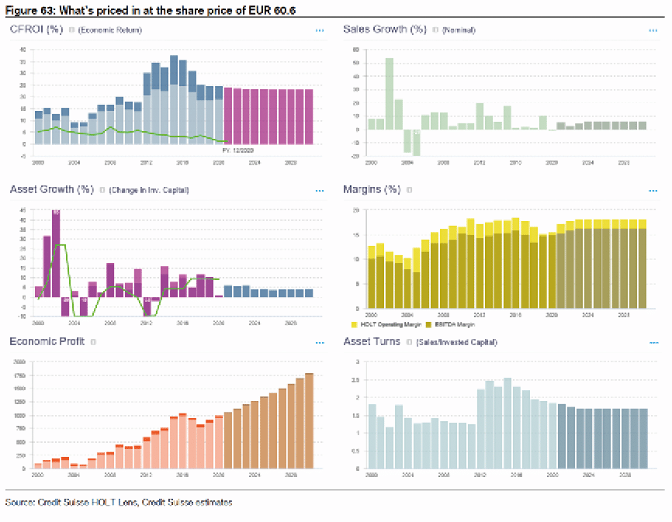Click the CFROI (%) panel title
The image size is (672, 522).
coord(36,29)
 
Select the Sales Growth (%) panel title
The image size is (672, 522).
coord(385,29)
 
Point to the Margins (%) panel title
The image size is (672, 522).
coord(372,188)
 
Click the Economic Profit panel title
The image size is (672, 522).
coord(47,341)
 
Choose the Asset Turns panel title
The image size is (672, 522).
coord(372,341)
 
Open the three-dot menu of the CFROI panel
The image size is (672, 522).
coord(319,30)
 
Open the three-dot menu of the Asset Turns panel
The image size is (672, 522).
coord(653,342)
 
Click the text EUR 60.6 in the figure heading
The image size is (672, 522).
coord(273,9)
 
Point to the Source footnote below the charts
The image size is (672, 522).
coord(119,503)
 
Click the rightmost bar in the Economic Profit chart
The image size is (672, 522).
coord(310,421)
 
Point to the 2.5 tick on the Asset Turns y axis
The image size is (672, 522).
coord(356,379)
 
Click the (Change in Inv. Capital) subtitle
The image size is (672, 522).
coord(149,189)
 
